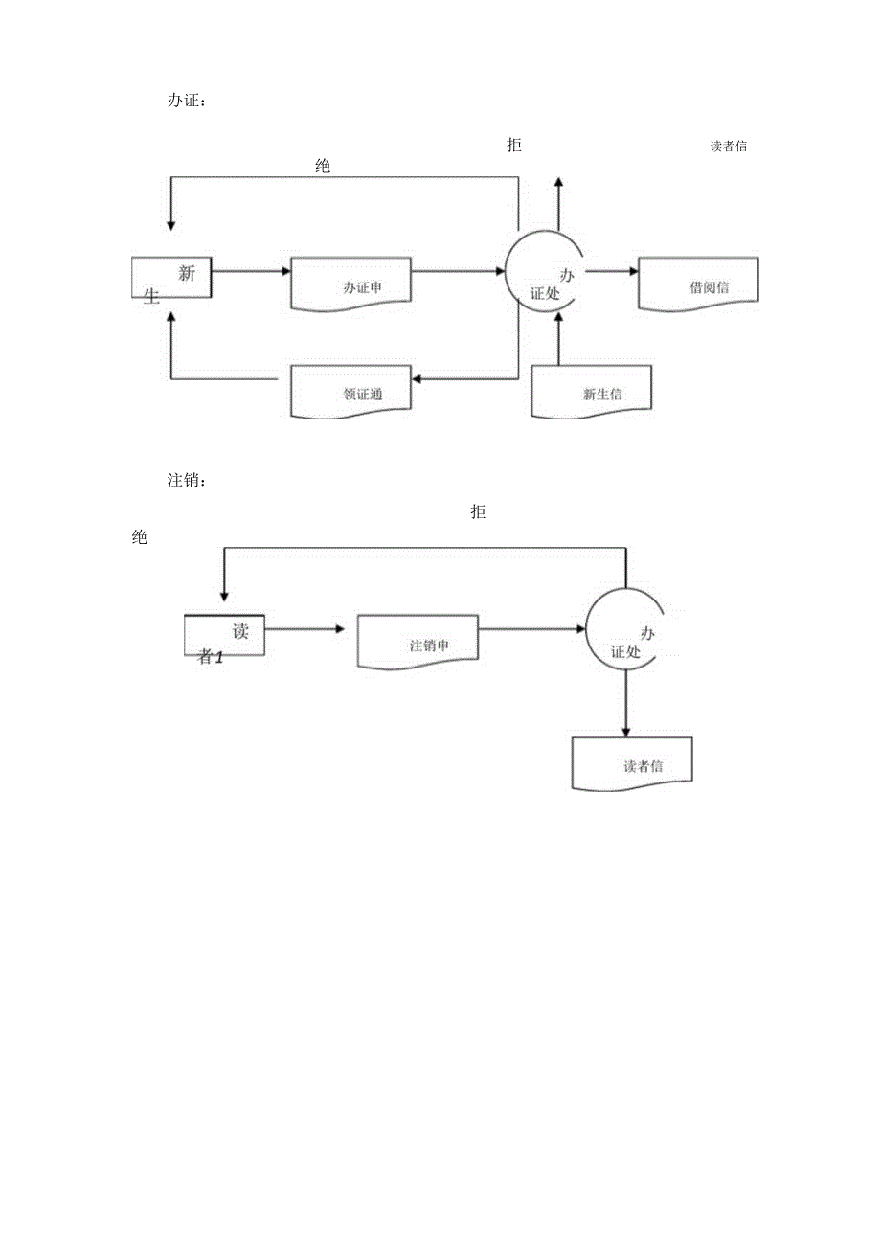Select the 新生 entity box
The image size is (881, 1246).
tap(171, 279)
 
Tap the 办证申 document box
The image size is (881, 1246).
tap(351, 283)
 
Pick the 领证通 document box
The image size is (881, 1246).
tap(351, 391)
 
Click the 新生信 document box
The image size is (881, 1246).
tap(593, 391)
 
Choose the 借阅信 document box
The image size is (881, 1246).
tap(698, 283)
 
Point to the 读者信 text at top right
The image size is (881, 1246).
tap(729, 147)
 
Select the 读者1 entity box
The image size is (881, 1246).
tap(224, 636)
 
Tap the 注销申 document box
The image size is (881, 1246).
tap(418, 642)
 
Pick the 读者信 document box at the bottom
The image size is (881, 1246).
tap(632, 764)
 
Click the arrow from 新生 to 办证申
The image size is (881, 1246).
tap(251, 271)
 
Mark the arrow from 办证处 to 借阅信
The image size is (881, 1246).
tap(611, 271)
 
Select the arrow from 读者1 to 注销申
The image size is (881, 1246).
tap(304, 629)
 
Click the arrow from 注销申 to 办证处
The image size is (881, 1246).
tap(532, 629)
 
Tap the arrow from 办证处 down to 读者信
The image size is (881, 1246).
tap(625, 704)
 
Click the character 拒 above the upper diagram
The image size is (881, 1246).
tap(514, 146)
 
